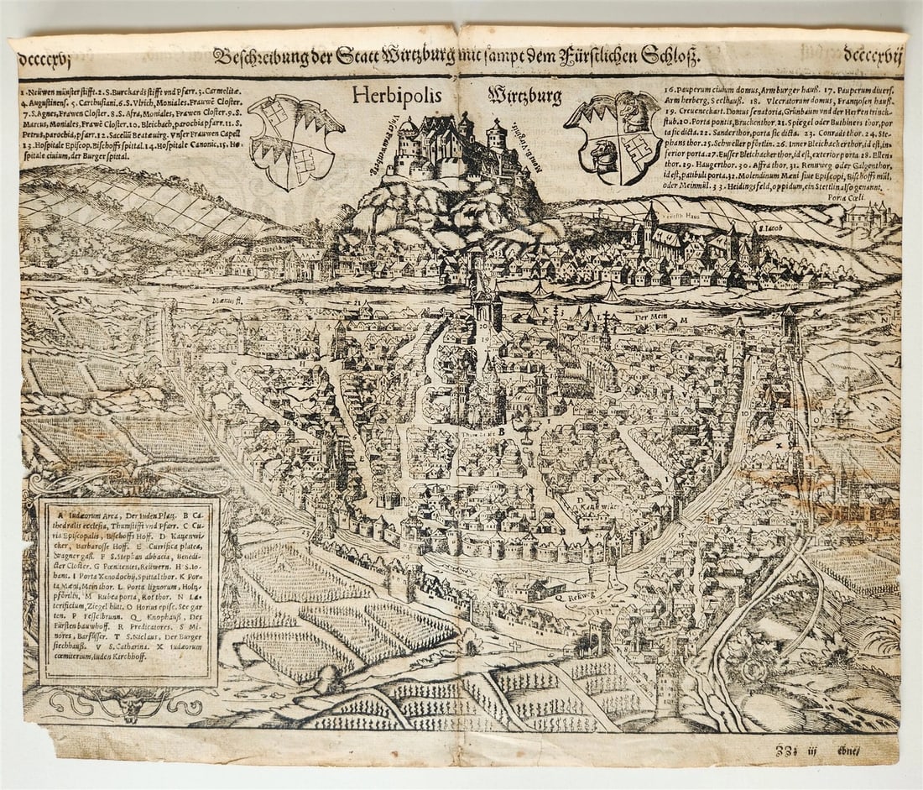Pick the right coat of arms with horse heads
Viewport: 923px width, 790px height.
pyautogui.click(x=614, y=138)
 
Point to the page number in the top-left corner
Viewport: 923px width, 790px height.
pyautogui.click(x=48, y=58)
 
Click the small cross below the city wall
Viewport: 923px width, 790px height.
pyautogui.click(x=514, y=645)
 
